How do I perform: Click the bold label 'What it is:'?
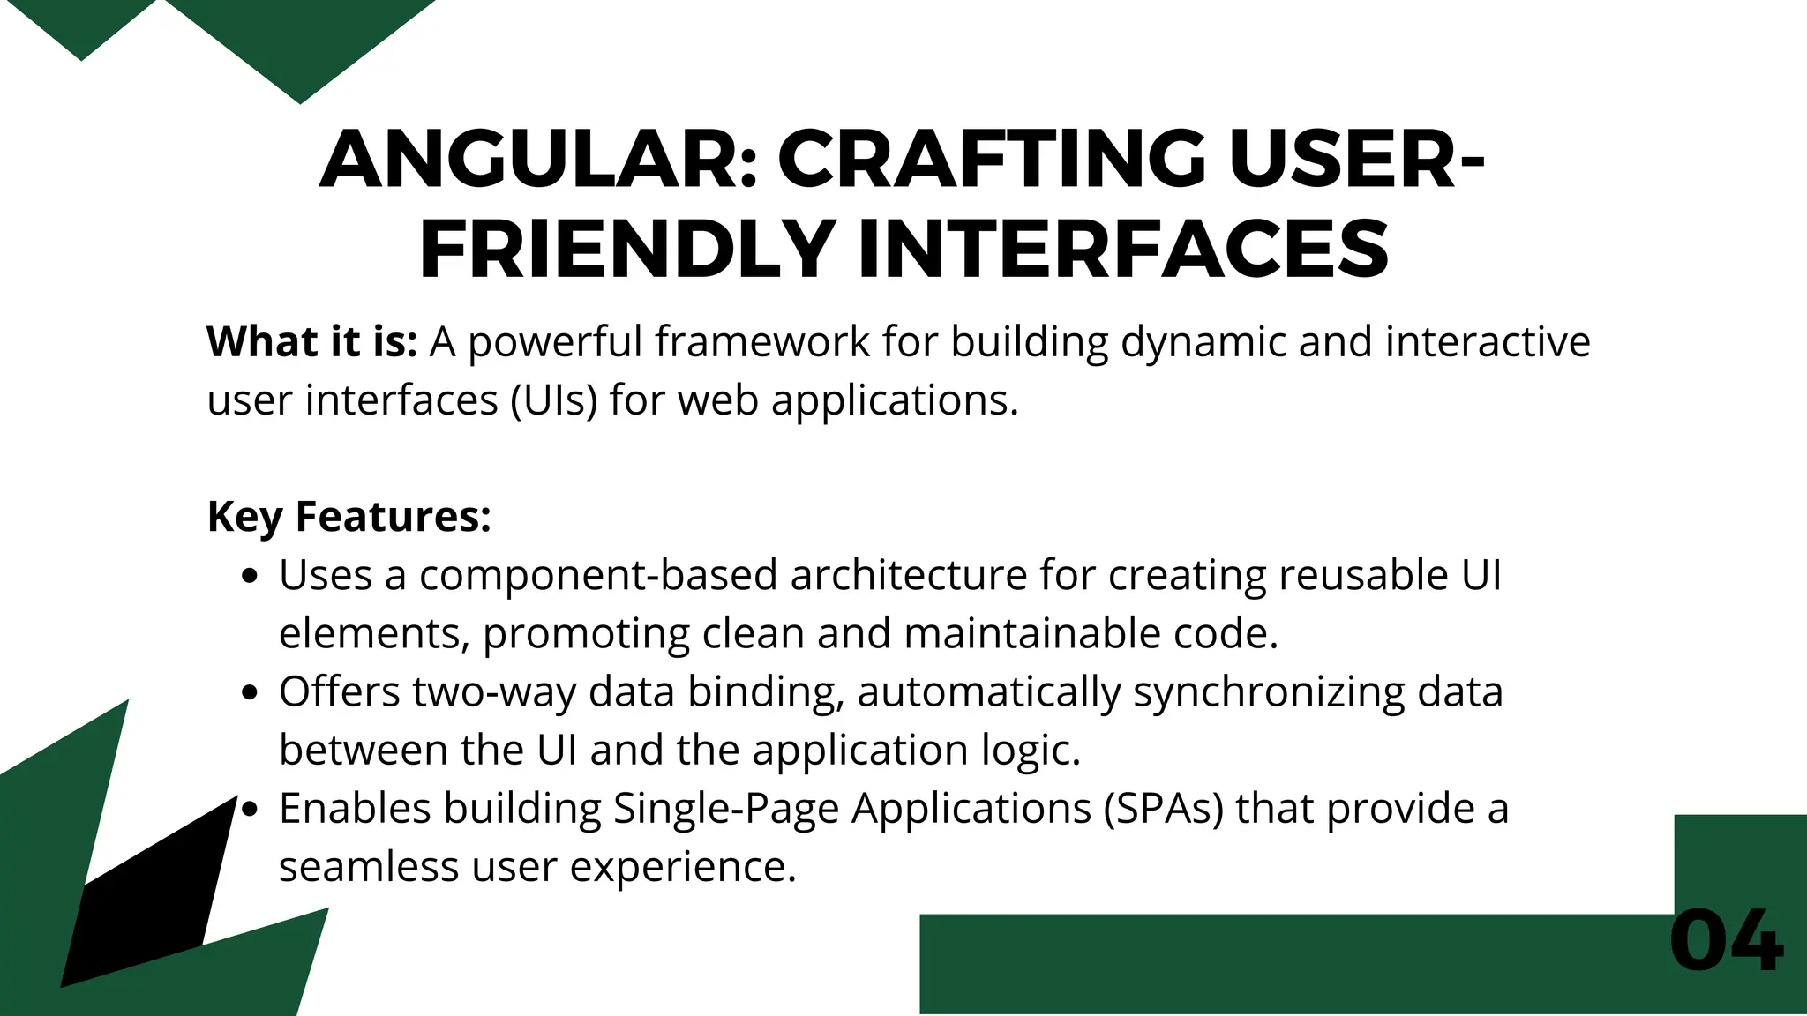click(x=311, y=342)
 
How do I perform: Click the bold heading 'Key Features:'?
click(x=349, y=517)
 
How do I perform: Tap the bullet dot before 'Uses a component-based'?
click(x=251, y=577)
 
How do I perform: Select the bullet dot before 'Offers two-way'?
click(x=251, y=693)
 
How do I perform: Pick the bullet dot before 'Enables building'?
click(x=251, y=810)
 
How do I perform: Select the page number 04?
click(x=1726, y=941)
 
